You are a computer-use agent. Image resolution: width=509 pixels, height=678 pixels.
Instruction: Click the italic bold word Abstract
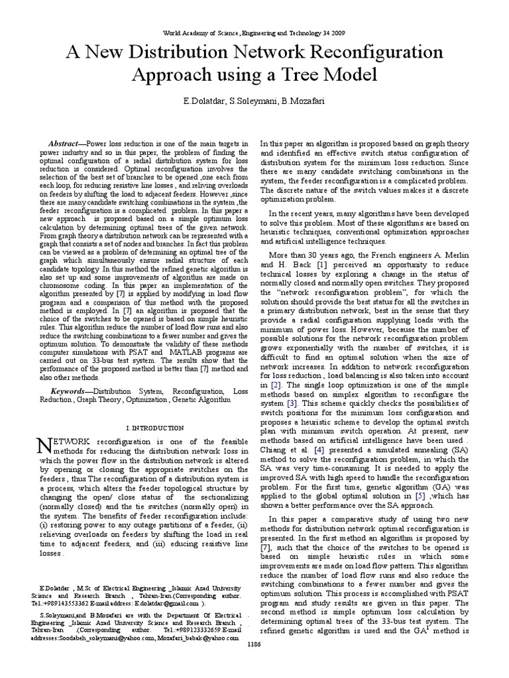pyautogui.click(x=64, y=144)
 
